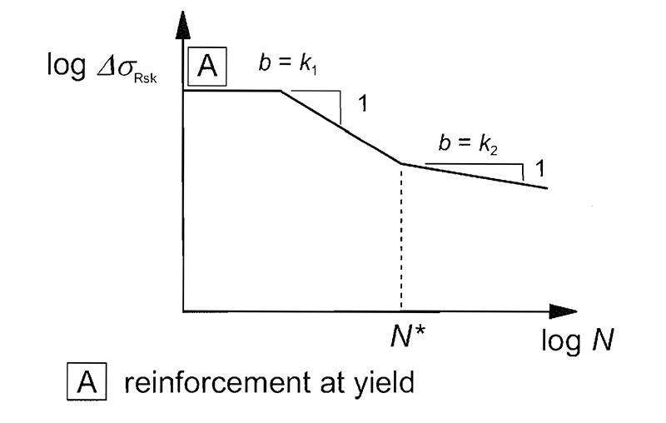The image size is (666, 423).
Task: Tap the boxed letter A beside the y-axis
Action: point(206,67)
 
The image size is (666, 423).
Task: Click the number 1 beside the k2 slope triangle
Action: point(539,168)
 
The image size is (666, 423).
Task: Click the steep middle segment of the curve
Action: point(341,127)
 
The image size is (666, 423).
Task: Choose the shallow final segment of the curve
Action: point(475,176)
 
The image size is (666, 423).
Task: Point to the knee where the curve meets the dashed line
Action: point(401,164)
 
